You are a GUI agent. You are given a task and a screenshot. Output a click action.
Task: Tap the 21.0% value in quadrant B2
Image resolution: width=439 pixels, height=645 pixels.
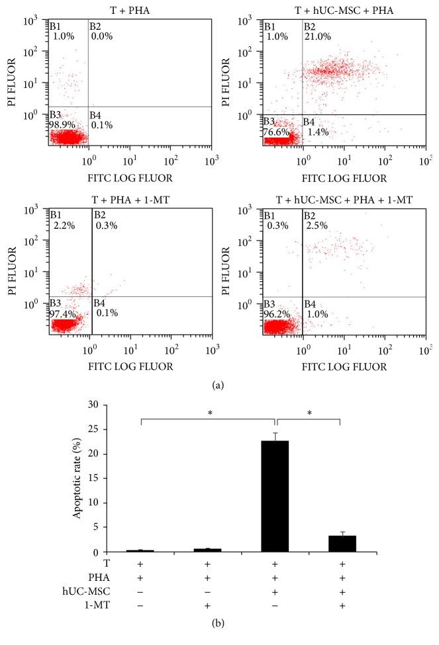click(317, 37)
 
